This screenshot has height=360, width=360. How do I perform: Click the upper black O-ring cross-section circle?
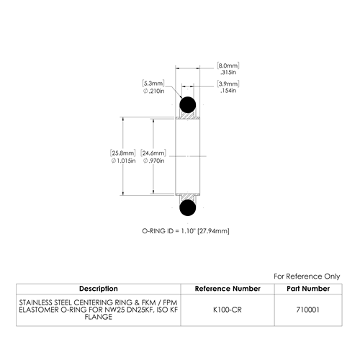(x=188, y=105)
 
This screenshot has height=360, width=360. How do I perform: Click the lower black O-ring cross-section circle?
(x=188, y=208)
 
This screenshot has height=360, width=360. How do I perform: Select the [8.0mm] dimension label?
(x=228, y=66)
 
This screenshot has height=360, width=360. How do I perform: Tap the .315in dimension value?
(x=228, y=72)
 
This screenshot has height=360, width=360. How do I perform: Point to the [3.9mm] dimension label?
(x=228, y=84)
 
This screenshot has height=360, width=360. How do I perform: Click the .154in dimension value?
(x=228, y=91)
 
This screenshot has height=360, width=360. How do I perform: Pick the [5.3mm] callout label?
(x=153, y=84)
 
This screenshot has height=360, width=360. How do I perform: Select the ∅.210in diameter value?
(x=154, y=91)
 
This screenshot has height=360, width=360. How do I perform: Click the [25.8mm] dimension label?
(x=123, y=153)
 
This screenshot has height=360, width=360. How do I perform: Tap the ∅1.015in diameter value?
(x=123, y=161)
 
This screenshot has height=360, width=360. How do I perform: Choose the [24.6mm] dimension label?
(x=153, y=153)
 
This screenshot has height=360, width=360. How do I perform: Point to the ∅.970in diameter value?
(x=154, y=161)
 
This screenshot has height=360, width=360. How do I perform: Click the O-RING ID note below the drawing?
(x=186, y=231)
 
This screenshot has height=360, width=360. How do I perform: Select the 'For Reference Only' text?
(x=307, y=276)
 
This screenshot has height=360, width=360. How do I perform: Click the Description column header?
(x=99, y=289)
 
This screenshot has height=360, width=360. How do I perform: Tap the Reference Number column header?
(x=228, y=289)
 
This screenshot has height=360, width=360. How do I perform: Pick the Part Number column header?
(x=308, y=289)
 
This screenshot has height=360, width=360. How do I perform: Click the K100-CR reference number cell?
(x=228, y=310)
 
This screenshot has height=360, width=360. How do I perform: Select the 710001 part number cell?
(x=308, y=310)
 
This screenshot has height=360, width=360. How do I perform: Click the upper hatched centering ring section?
(x=188, y=115)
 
